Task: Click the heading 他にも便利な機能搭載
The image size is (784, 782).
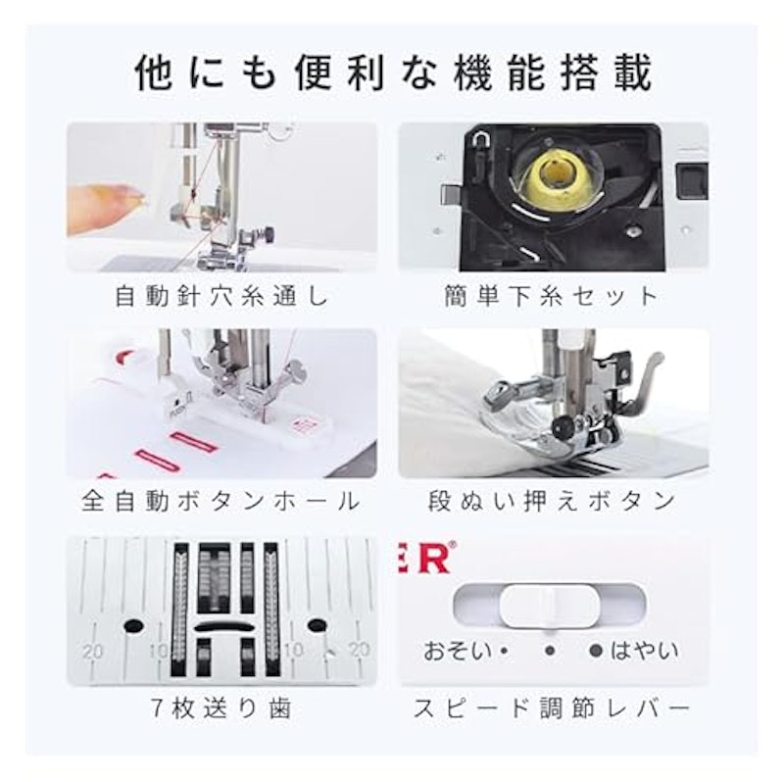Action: (x=394, y=73)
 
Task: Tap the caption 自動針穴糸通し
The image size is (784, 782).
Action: (x=222, y=296)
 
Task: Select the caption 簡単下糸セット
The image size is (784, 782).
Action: (x=552, y=296)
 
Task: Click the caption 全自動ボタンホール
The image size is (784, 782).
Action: (x=221, y=501)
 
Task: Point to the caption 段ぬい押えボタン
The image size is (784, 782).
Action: (x=552, y=501)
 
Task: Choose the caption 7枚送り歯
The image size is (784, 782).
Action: (x=221, y=708)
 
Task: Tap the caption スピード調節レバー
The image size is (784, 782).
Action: (x=552, y=708)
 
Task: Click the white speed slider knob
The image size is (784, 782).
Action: (x=549, y=605)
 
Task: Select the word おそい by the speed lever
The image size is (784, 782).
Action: (x=457, y=651)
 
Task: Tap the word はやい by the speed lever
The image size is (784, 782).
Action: (x=644, y=651)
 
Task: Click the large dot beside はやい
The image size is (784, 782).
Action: (x=596, y=651)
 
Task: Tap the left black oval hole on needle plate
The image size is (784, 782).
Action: (x=133, y=625)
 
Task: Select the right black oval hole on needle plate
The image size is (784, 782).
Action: (x=317, y=624)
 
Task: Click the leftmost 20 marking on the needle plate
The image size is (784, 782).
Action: (x=93, y=651)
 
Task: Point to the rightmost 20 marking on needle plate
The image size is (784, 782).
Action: (x=360, y=649)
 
